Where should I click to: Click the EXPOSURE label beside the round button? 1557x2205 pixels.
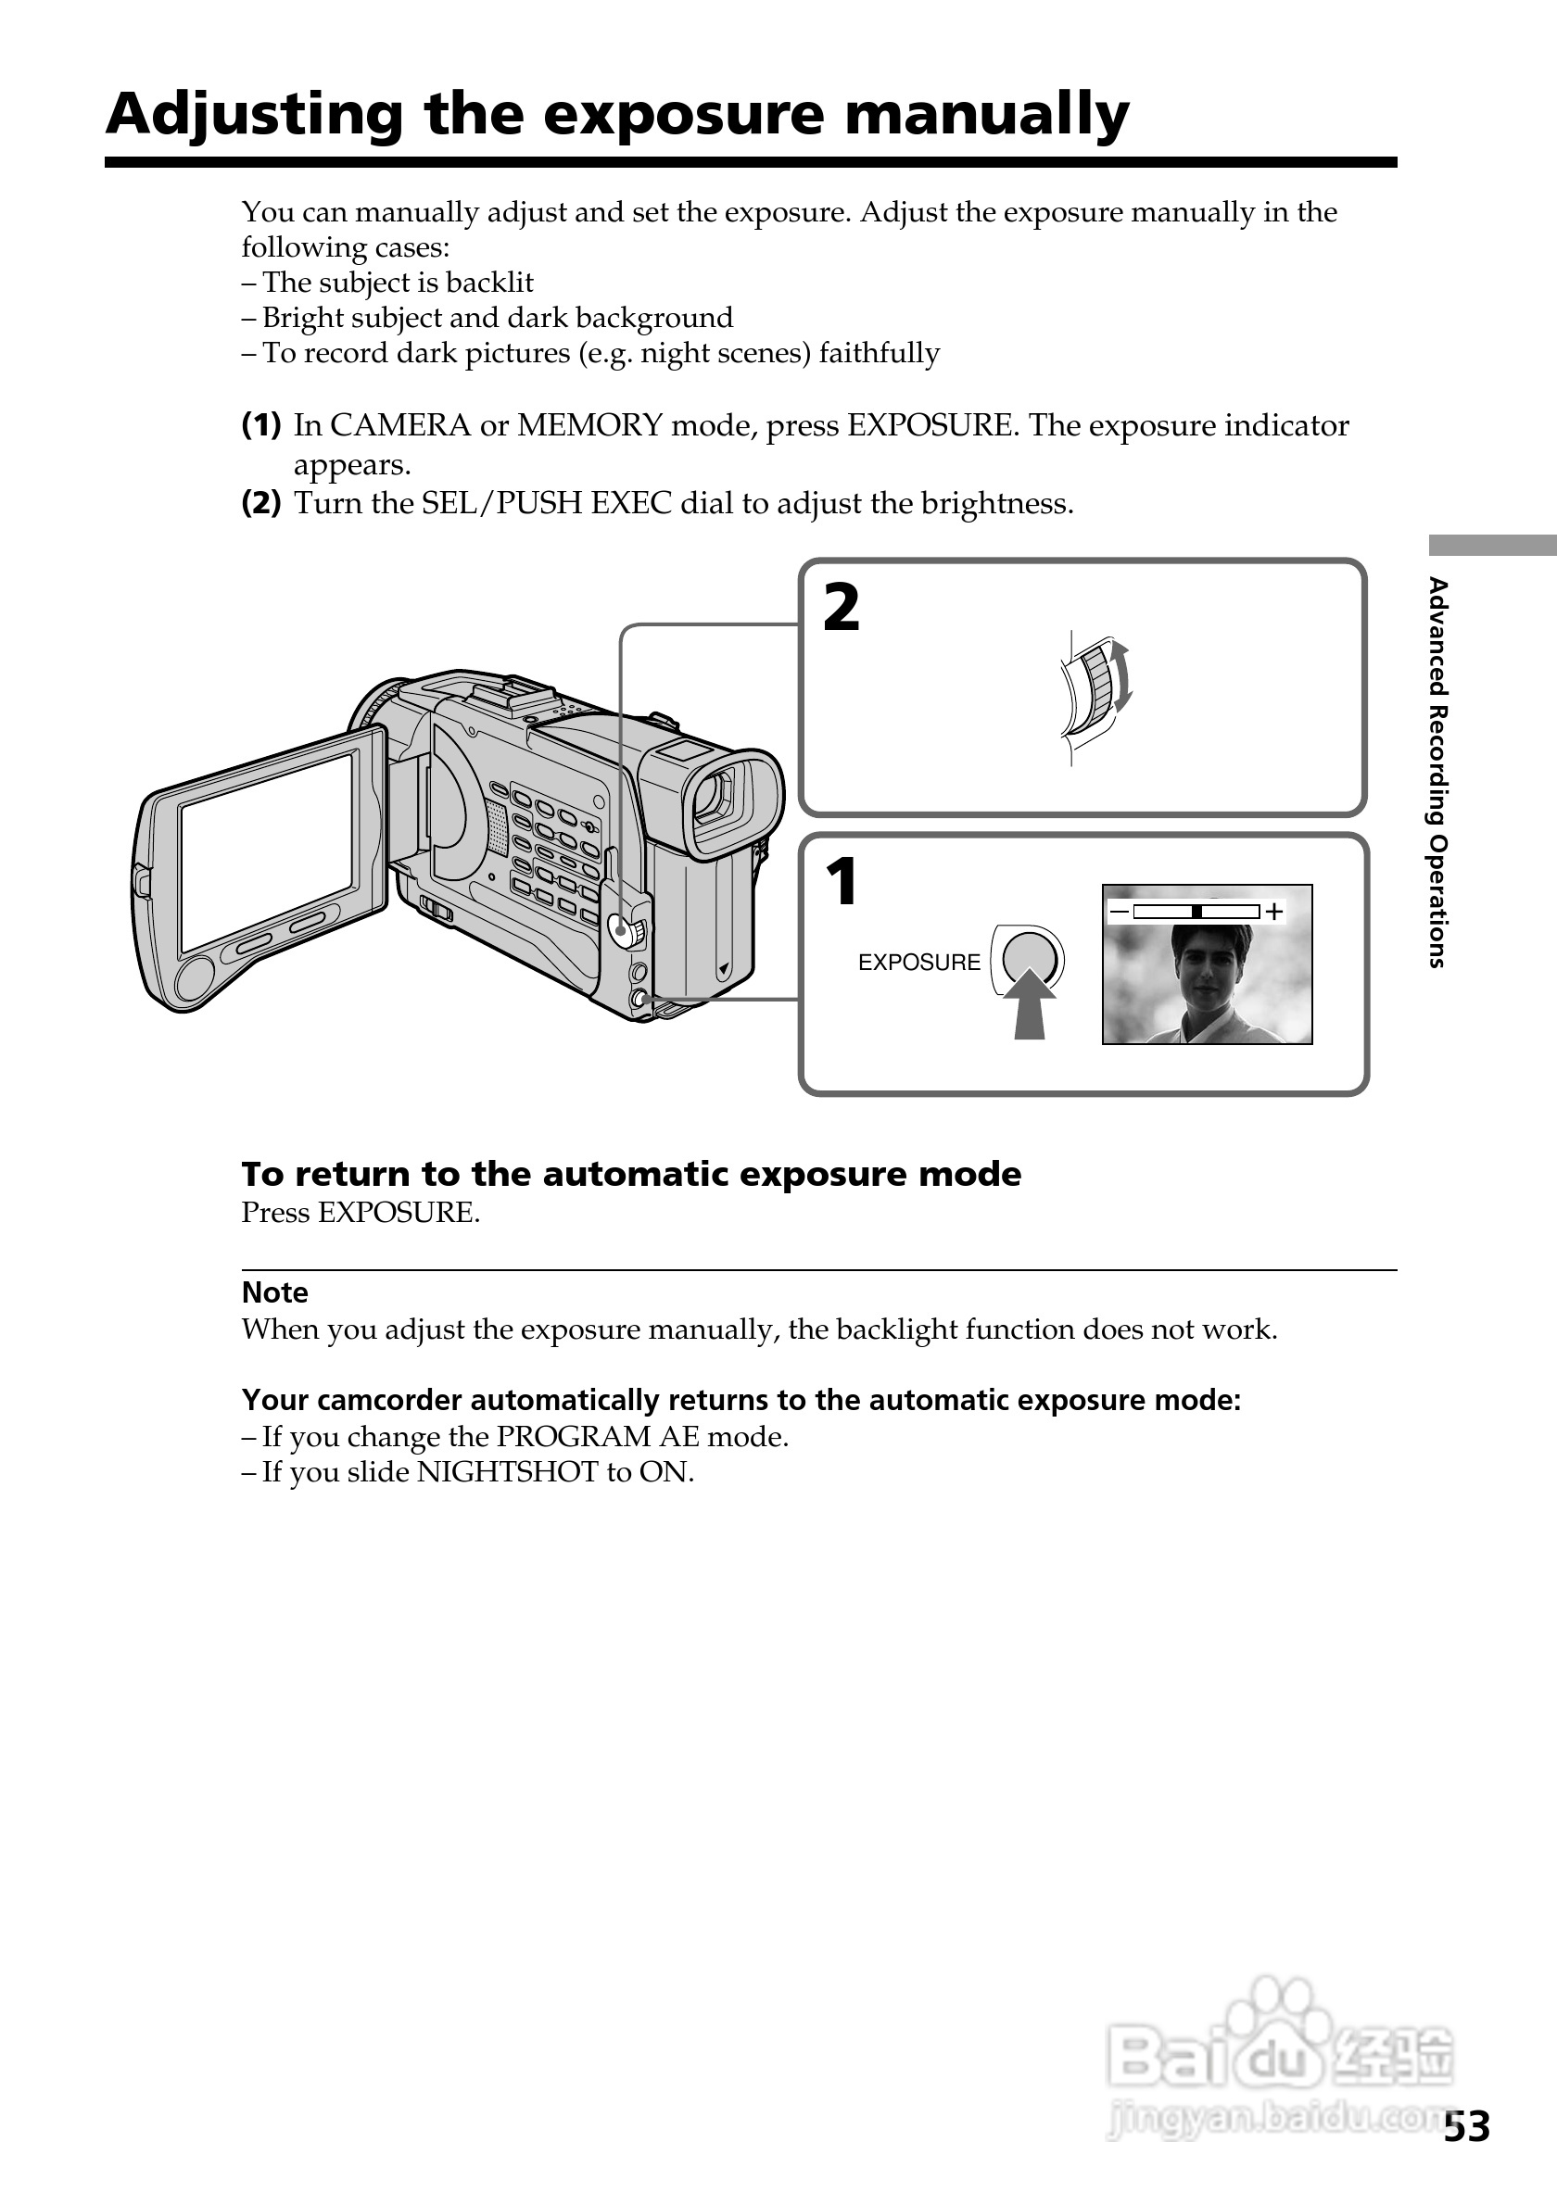click(x=918, y=963)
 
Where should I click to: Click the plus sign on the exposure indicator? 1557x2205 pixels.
click(x=1273, y=912)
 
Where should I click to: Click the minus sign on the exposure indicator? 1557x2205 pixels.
click(x=1119, y=911)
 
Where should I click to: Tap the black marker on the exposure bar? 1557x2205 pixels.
click(x=1196, y=912)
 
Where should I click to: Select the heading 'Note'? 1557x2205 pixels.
click(x=274, y=1292)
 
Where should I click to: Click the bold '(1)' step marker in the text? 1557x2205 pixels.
click(x=260, y=424)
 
